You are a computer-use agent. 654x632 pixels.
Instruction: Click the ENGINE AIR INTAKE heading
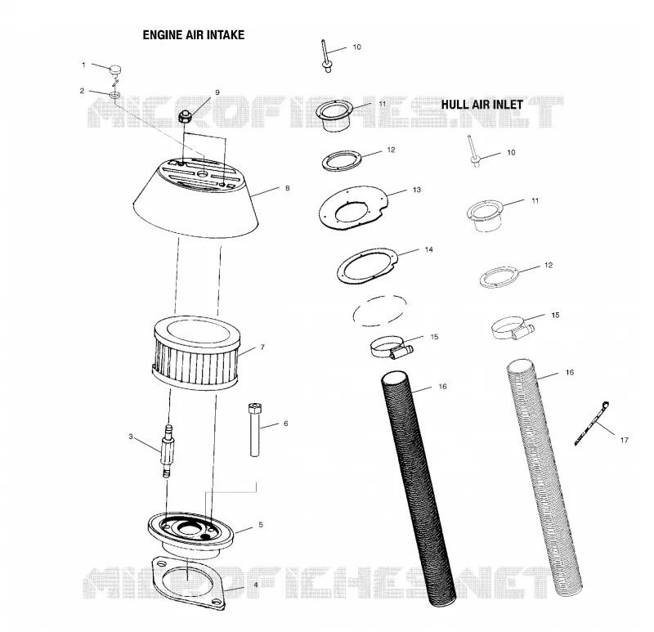(194, 35)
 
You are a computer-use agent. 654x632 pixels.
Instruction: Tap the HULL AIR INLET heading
(482, 105)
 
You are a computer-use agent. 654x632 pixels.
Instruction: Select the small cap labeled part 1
(115, 69)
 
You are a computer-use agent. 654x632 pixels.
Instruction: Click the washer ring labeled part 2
(115, 96)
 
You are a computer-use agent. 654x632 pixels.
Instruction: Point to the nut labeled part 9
(185, 116)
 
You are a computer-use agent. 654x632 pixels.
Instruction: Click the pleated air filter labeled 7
(196, 354)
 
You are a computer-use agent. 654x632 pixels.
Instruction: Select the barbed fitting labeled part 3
(168, 450)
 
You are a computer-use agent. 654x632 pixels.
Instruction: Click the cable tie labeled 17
(592, 423)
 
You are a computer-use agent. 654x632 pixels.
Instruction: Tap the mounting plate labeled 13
(353, 208)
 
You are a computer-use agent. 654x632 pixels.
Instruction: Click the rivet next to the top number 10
(325, 56)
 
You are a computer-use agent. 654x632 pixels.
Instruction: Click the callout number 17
(624, 440)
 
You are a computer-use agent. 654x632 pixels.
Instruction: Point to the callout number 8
(288, 188)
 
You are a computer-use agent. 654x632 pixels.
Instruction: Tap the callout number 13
(417, 190)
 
